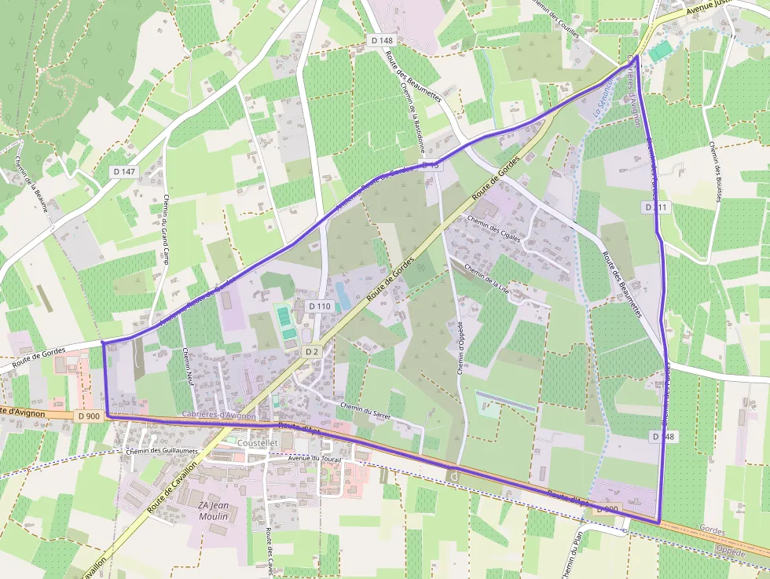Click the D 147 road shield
click(124, 171)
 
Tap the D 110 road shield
click(320, 306)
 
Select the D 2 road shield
click(312, 351)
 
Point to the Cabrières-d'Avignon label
click(218, 414)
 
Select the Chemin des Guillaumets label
click(161, 451)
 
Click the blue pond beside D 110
click(343, 295)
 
